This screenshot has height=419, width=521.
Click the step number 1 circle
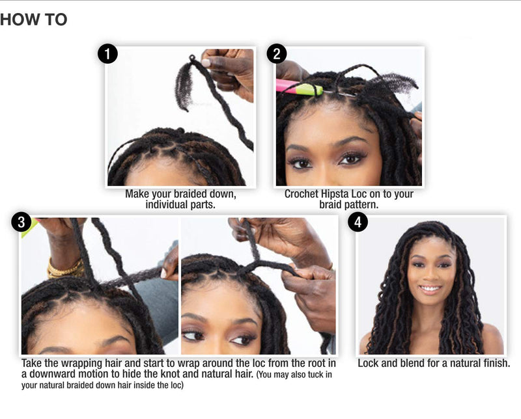click(107, 53)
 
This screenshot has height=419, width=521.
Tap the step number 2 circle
click(277, 53)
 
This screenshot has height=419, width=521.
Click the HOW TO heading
click(34, 20)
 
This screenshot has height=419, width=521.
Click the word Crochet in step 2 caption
click(303, 194)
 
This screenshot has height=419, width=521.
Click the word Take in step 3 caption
click(33, 363)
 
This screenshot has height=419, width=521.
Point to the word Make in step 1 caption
click(137, 194)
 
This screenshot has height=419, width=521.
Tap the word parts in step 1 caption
click(204, 205)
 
